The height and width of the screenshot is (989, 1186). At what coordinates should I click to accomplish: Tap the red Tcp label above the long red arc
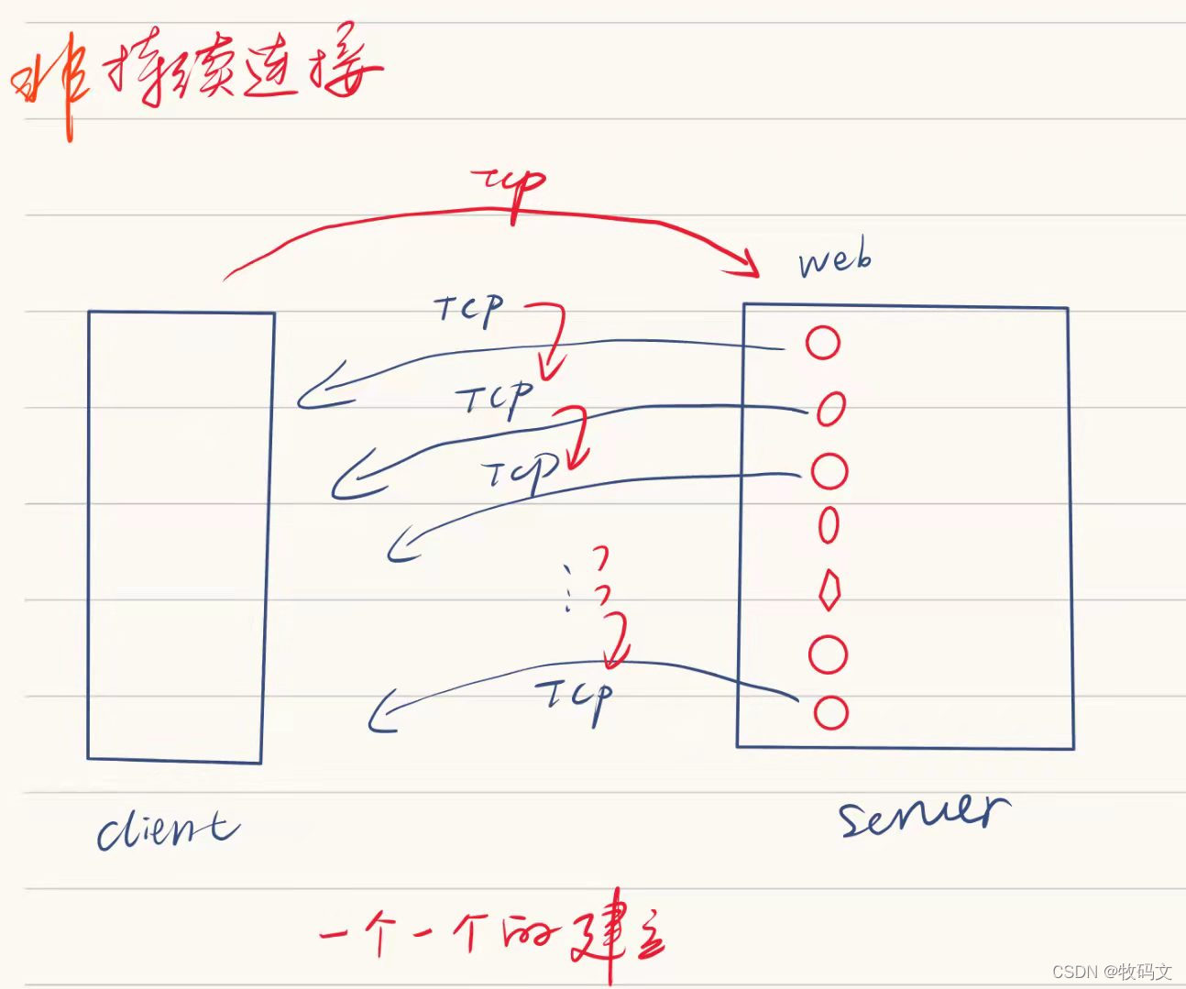pyautogui.click(x=510, y=187)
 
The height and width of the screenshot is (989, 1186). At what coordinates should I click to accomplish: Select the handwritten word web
pyautogui.click(x=834, y=260)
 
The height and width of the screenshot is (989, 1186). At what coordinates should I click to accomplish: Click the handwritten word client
pyautogui.click(x=168, y=829)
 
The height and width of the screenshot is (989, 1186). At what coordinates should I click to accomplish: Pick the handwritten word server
pyautogui.click(x=924, y=813)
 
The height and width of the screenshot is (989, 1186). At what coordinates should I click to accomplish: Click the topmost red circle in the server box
pyautogui.click(x=822, y=342)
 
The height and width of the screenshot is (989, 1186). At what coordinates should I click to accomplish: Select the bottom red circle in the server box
pyautogui.click(x=830, y=712)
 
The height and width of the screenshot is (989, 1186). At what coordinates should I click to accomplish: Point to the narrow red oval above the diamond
pyautogui.click(x=829, y=525)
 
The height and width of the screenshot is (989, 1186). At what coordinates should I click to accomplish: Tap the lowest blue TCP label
pyautogui.click(x=576, y=698)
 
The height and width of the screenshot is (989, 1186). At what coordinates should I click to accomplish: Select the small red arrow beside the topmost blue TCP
pyautogui.click(x=552, y=339)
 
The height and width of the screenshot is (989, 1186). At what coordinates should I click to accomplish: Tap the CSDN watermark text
pyautogui.click(x=1112, y=972)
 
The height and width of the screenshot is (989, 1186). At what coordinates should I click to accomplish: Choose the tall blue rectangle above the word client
pyautogui.click(x=180, y=536)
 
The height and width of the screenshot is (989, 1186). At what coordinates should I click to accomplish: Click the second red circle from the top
pyautogui.click(x=830, y=409)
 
